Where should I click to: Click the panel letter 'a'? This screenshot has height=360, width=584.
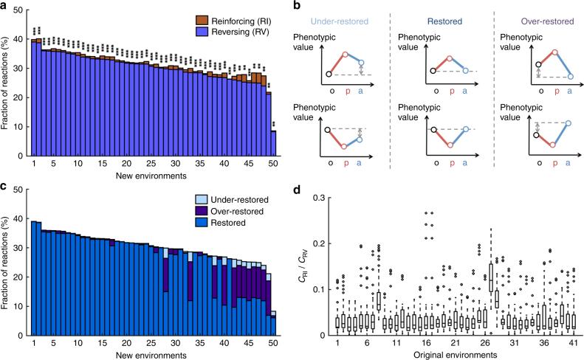(x=4, y=6)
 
